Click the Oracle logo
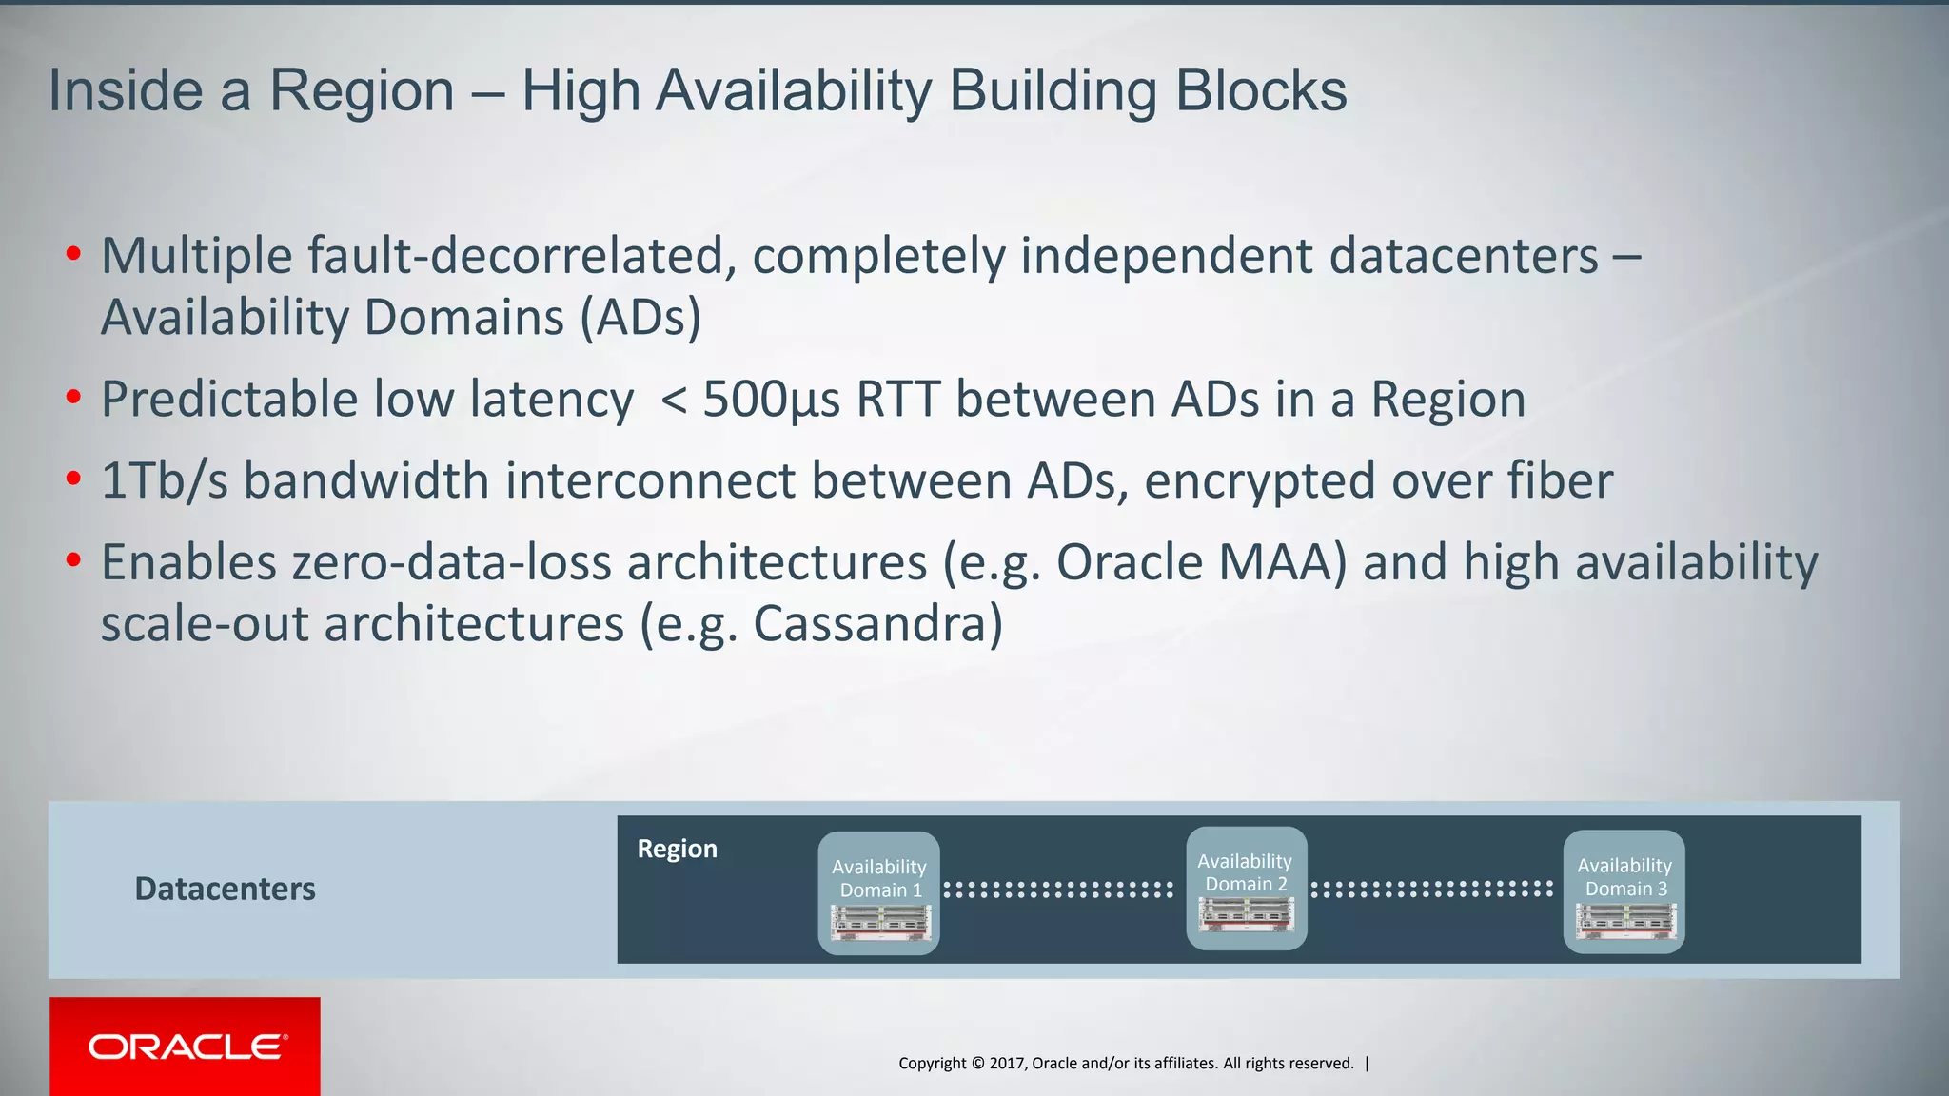pyautogui.click(x=185, y=1047)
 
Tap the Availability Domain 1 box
pyautogui.click(x=878, y=891)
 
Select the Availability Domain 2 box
pyautogui.click(x=1246, y=887)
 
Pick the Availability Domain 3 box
pyautogui.click(x=1624, y=890)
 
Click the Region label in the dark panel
pyautogui.click(x=677, y=849)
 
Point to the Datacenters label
pyautogui.click(x=225, y=889)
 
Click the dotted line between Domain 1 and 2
pyautogui.click(x=1057, y=890)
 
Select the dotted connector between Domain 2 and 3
pyautogui.click(x=1431, y=889)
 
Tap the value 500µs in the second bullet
pyautogui.click(x=771, y=400)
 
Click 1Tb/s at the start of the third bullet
pyautogui.click(x=164, y=480)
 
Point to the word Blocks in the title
pyautogui.click(x=1260, y=91)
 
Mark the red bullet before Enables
pyautogui.click(x=73, y=560)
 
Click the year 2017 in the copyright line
pyautogui.click(x=1007, y=1063)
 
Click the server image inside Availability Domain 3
pyautogui.click(x=1625, y=922)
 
